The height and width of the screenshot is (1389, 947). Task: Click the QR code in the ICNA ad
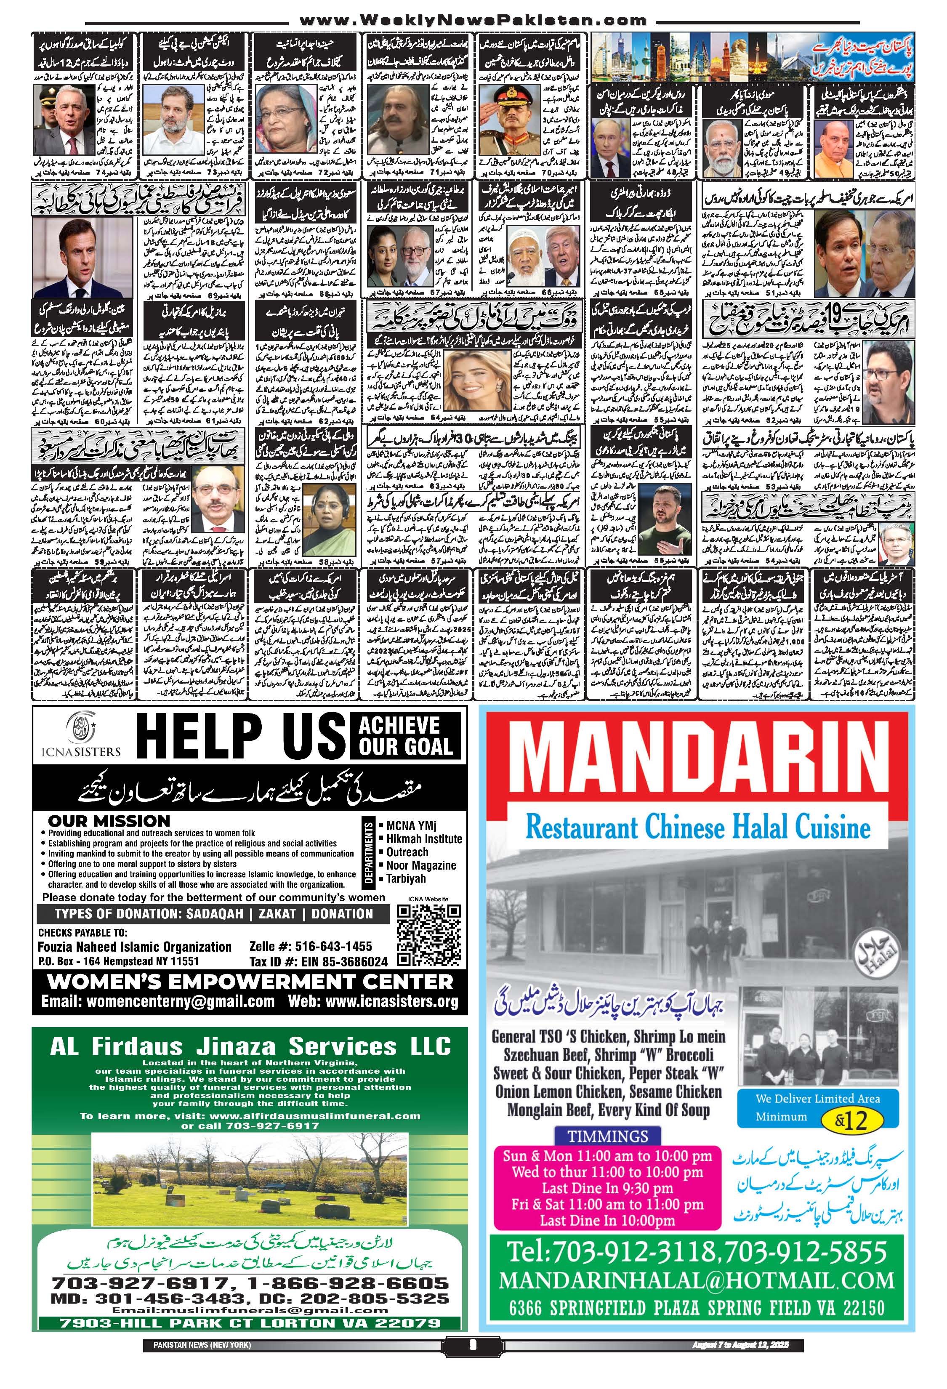tap(428, 935)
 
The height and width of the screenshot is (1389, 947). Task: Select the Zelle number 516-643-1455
tap(311, 946)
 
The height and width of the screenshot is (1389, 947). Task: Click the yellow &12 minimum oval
tap(852, 1120)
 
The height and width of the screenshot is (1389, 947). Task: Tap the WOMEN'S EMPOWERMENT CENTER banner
tap(250, 981)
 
